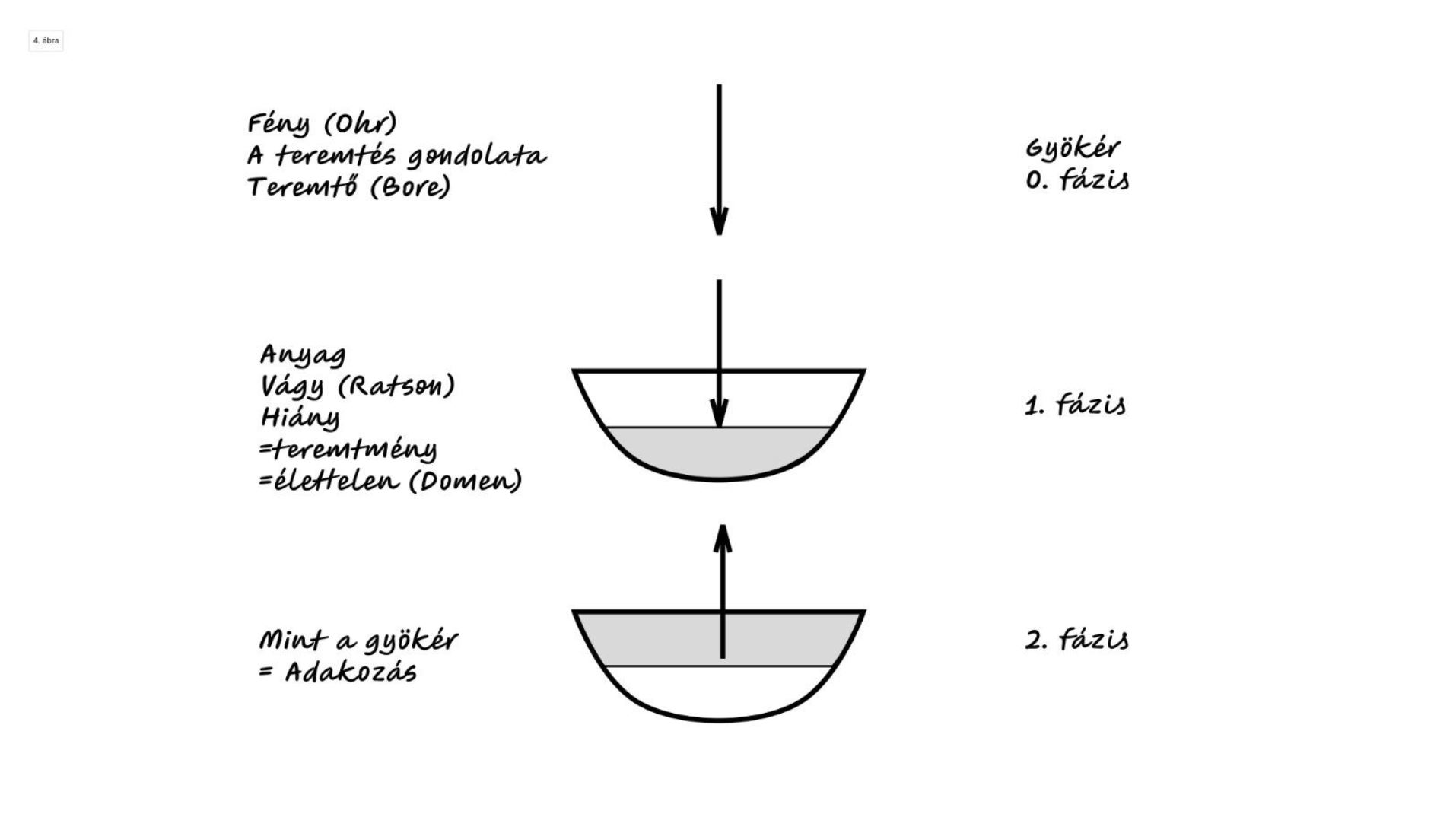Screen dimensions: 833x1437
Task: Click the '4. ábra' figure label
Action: (46, 41)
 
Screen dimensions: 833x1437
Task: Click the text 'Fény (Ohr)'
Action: (322, 124)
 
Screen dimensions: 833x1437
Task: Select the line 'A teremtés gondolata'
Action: (396, 156)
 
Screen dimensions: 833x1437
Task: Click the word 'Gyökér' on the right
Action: (1073, 148)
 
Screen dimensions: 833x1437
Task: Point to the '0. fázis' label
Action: (1076, 180)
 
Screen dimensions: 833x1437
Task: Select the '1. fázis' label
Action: (1075, 405)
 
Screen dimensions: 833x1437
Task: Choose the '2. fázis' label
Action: (1076, 639)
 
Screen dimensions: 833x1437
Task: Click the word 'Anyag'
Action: (303, 355)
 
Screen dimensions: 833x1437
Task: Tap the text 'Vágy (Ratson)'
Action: (358, 386)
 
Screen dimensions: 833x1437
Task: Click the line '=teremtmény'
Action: (348, 450)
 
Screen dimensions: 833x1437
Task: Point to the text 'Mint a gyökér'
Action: (358, 641)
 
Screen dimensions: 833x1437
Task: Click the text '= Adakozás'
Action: (338, 672)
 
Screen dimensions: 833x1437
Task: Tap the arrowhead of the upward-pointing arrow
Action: (722, 539)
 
